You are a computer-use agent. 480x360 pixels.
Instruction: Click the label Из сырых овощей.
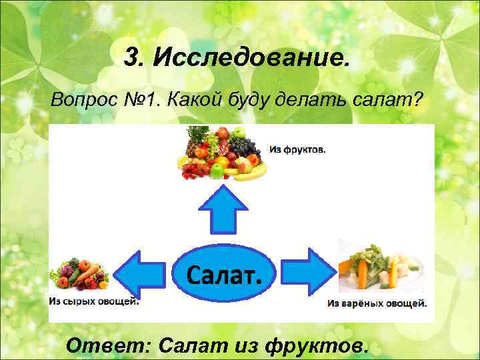(94, 301)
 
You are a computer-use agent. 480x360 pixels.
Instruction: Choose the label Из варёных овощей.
(377, 304)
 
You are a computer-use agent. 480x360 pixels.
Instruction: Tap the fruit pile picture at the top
(220, 155)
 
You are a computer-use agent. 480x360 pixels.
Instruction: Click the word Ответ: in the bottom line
(110, 345)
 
